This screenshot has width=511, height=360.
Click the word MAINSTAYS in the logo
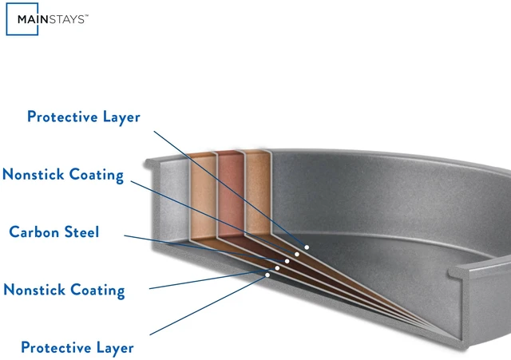pos(51,19)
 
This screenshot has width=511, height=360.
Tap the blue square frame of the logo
pos(6,19)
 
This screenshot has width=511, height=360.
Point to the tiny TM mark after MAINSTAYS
pos(87,15)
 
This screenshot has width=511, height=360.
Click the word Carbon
pos(34,232)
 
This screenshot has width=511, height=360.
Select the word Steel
pos(81,232)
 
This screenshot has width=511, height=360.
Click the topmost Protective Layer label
pos(83,117)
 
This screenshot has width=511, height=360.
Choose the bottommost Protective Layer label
pos(77,347)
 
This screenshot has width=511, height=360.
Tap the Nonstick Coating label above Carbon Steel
pos(63,175)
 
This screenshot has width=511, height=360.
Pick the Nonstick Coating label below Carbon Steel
pos(64,290)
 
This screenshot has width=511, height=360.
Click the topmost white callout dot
pos(307,247)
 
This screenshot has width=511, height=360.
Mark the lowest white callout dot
pos(267,275)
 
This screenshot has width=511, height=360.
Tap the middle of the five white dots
pos(287,261)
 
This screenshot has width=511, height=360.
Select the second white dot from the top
pos(297,254)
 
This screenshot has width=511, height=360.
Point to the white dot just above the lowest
pos(277,268)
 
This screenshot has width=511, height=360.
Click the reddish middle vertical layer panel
pos(231,194)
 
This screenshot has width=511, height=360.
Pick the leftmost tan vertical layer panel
pos(203,197)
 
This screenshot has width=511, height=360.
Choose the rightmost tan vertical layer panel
pos(258,192)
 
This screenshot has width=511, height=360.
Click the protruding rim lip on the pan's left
pos(153,163)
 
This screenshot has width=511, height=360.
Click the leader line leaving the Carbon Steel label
pos(206,248)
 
